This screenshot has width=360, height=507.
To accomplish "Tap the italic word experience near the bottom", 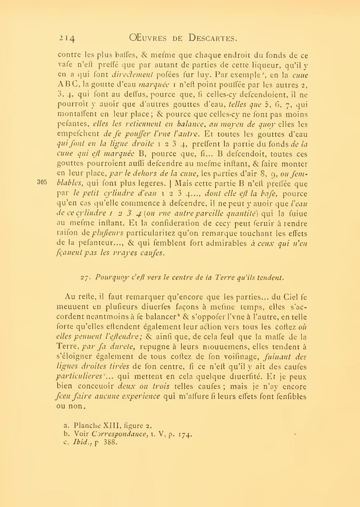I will pyautogui.click(x=141, y=396).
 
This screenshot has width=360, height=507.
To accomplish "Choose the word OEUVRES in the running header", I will pyautogui.click(x=151, y=38).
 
